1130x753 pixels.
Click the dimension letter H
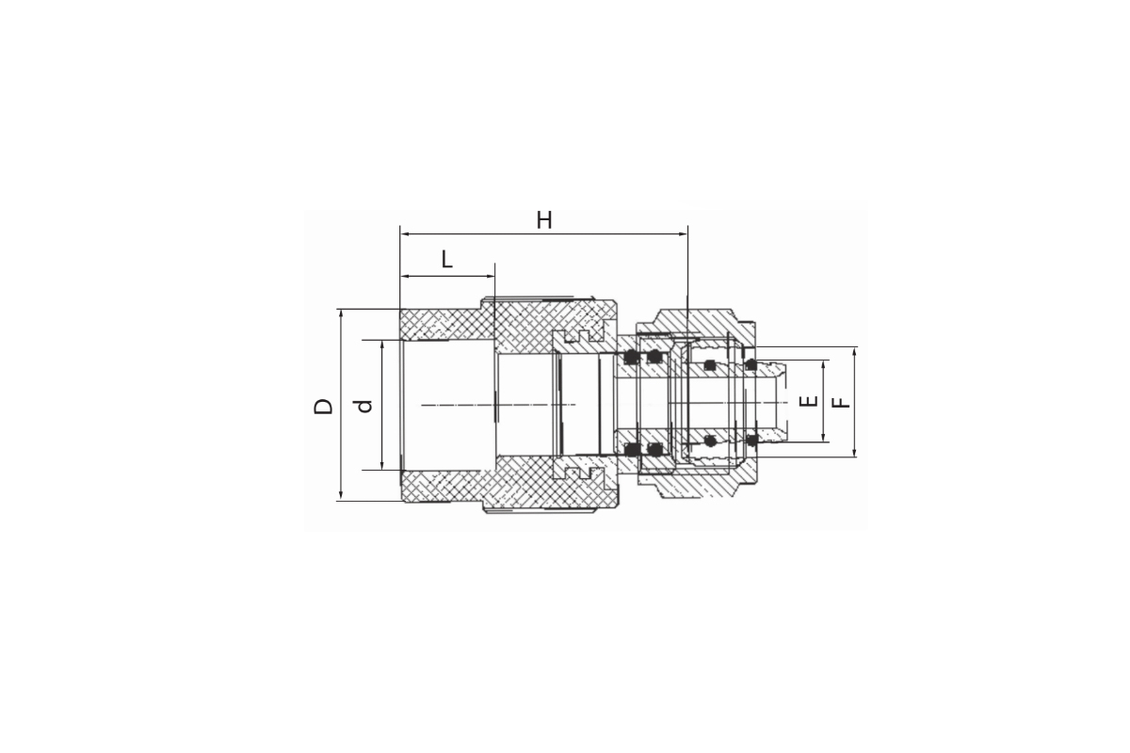544,220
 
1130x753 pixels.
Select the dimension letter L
446,260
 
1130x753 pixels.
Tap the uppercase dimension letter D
323,406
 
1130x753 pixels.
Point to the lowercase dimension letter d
363,406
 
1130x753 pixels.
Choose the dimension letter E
808,402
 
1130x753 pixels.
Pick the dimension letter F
840,403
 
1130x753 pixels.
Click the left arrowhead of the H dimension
404,234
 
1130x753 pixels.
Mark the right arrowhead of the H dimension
683,234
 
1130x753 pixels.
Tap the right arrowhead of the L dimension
491,277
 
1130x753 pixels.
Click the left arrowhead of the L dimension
404,277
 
